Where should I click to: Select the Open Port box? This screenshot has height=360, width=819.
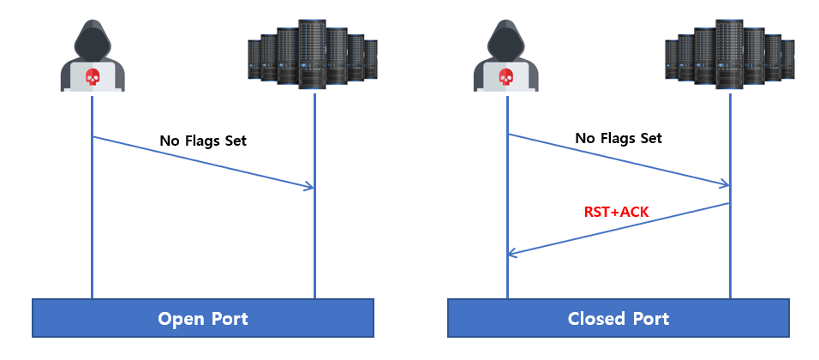(x=203, y=318)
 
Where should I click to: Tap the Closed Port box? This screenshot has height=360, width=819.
(x=619, y=318)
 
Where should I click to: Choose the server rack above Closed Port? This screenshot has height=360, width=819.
(x=730, y=53)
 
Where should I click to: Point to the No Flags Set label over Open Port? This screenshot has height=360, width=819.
(x=203, y=141)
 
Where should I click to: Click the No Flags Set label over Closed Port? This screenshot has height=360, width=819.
(x=619, y=138)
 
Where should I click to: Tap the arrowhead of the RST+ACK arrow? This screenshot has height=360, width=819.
(x=511, y=253)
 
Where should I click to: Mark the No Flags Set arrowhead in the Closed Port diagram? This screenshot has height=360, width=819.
(x=726, y=183)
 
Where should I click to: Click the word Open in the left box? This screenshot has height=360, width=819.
(x=180, y=319)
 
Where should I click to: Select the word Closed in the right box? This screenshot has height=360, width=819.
(x=597, y=319)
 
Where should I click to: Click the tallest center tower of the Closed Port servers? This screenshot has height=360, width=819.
(x=730, y=51)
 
